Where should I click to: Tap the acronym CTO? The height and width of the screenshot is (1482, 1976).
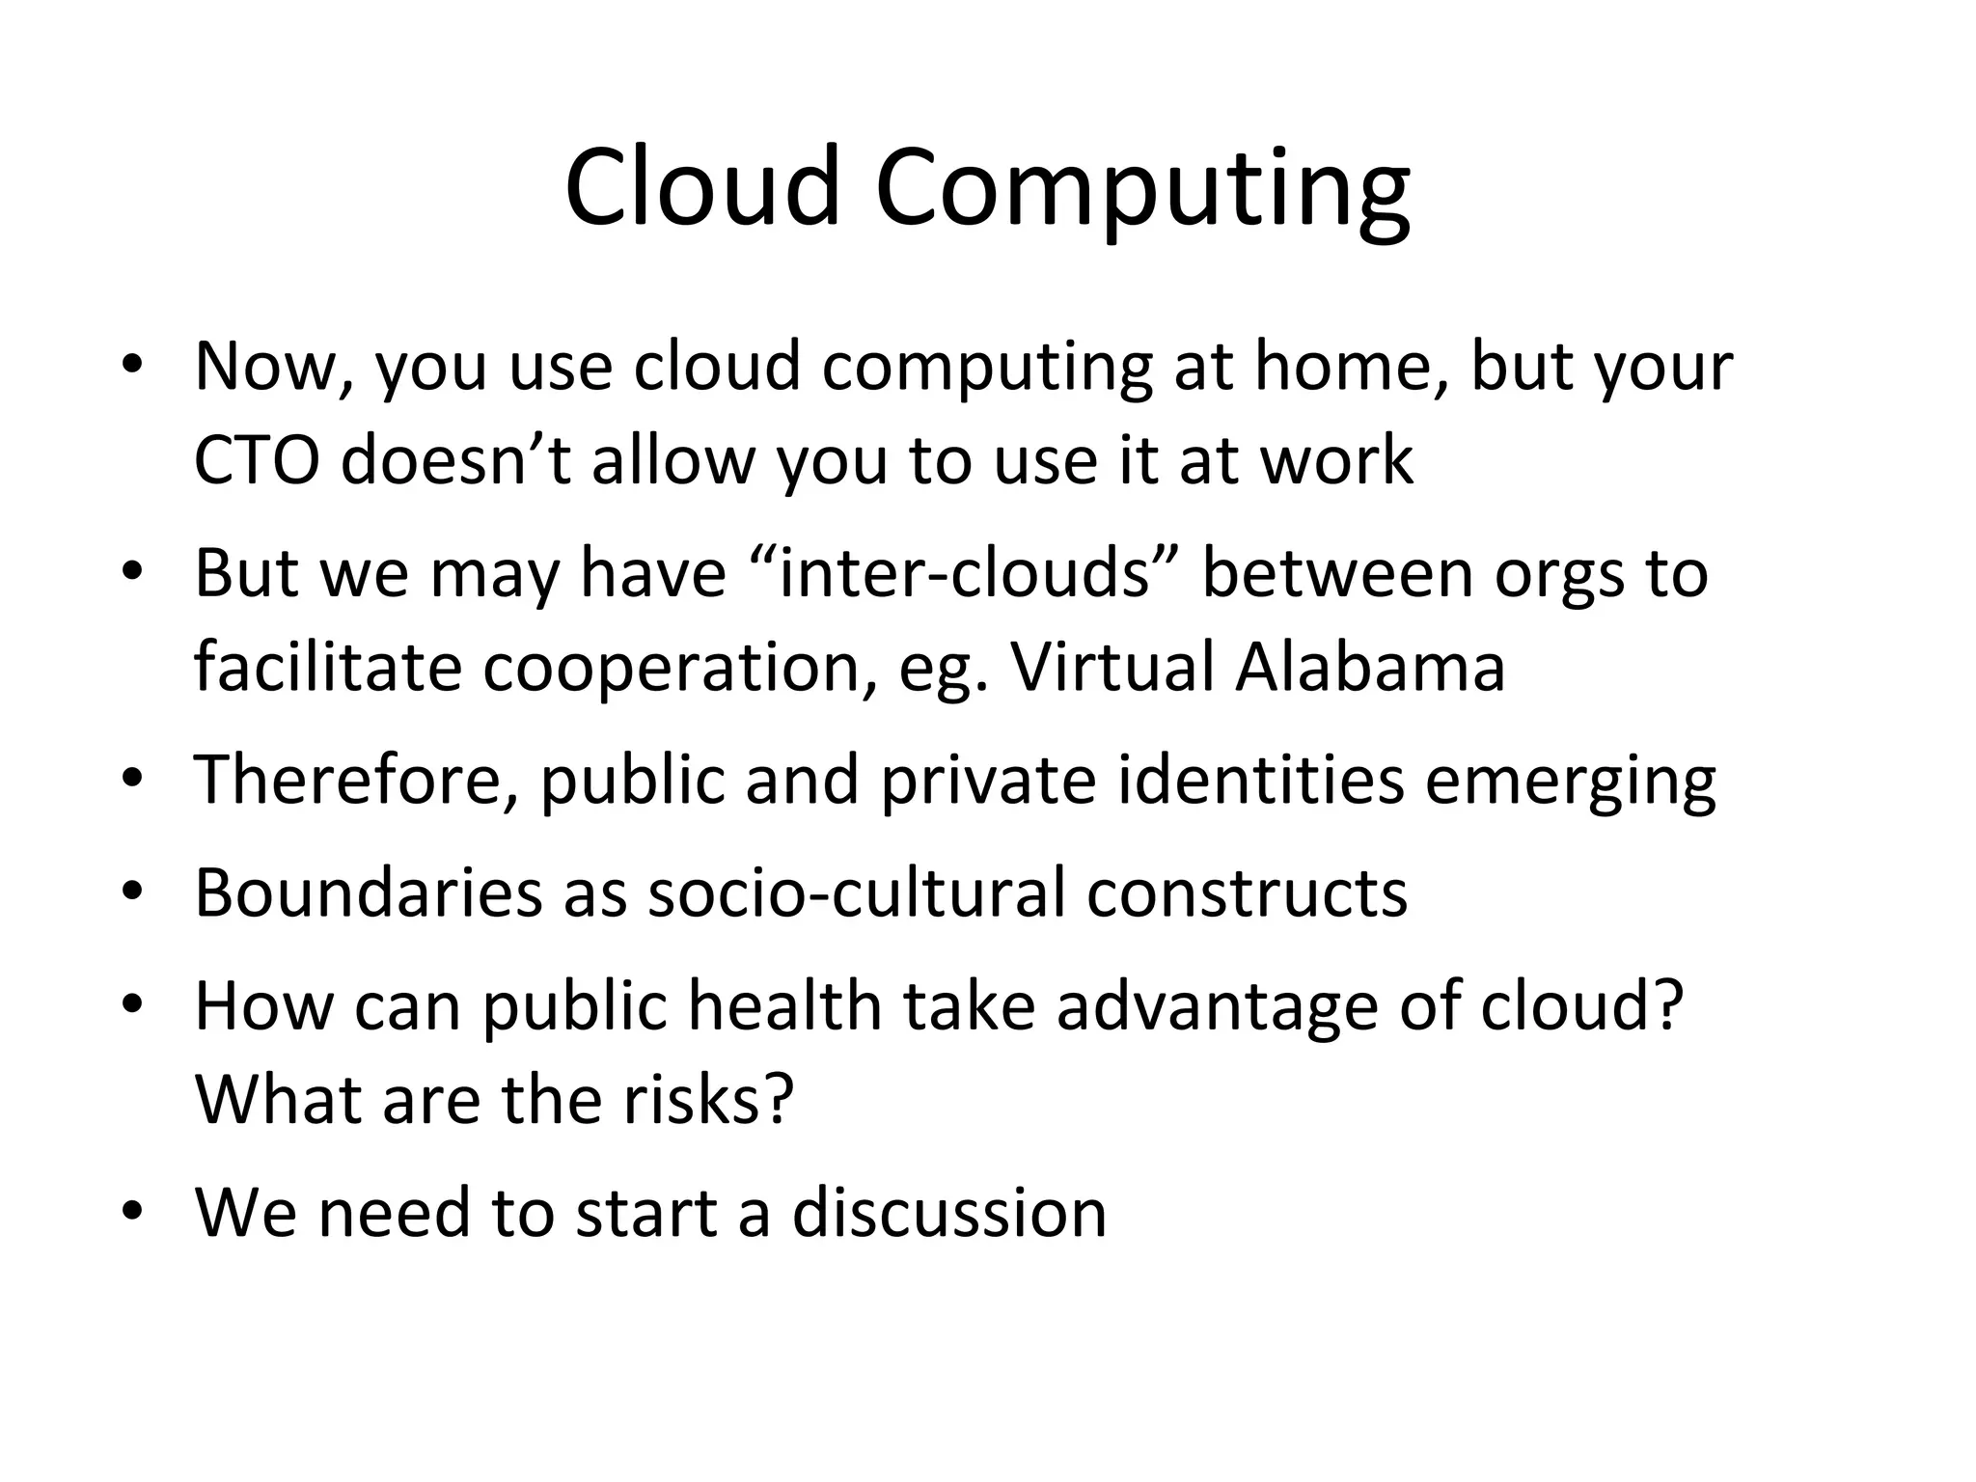257,460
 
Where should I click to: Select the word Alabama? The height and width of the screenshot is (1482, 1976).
1370,667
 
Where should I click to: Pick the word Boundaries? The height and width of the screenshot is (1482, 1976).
368,892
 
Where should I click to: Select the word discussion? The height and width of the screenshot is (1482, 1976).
949,1213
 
